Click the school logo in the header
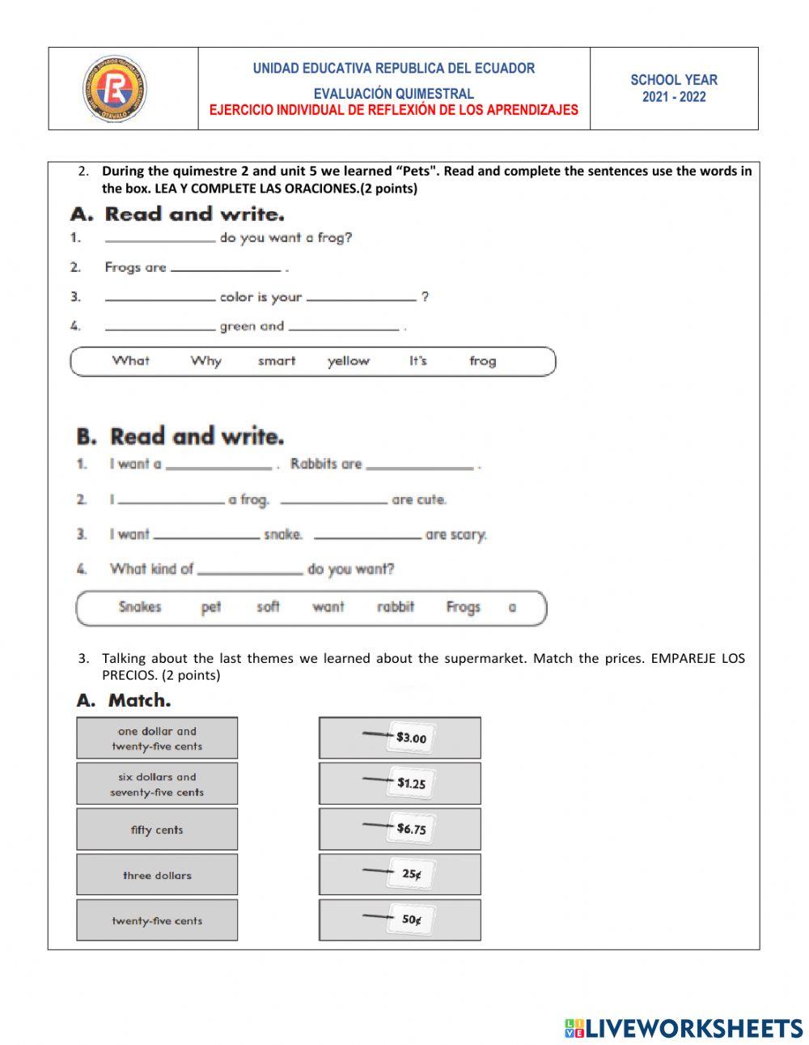114,88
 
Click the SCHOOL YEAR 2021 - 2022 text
673,88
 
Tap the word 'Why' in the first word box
205,361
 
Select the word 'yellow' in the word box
348,361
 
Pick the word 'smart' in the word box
277,361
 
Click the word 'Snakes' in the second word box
140,607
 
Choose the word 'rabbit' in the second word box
395,607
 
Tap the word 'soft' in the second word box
268,607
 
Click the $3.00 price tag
410,737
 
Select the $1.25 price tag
410,783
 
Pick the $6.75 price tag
410,828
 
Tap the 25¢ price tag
411,874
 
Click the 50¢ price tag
411,920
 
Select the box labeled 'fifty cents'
157,829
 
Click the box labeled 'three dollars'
157,875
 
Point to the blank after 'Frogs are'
226,268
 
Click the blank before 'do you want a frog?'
160,239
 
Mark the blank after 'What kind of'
250,571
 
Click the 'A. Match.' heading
124,700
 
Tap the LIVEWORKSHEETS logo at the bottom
683,1028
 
